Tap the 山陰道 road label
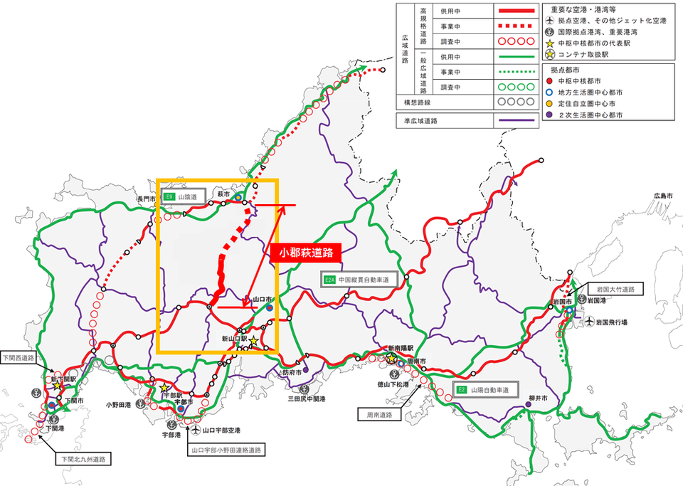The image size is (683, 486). [184, 196]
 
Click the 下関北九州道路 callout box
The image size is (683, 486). [80, 459]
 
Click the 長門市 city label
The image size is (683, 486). [147, 199]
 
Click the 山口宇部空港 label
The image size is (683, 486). [221, 430]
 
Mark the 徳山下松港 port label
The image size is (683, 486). [394, 384]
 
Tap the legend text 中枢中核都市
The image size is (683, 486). [583, 80]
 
